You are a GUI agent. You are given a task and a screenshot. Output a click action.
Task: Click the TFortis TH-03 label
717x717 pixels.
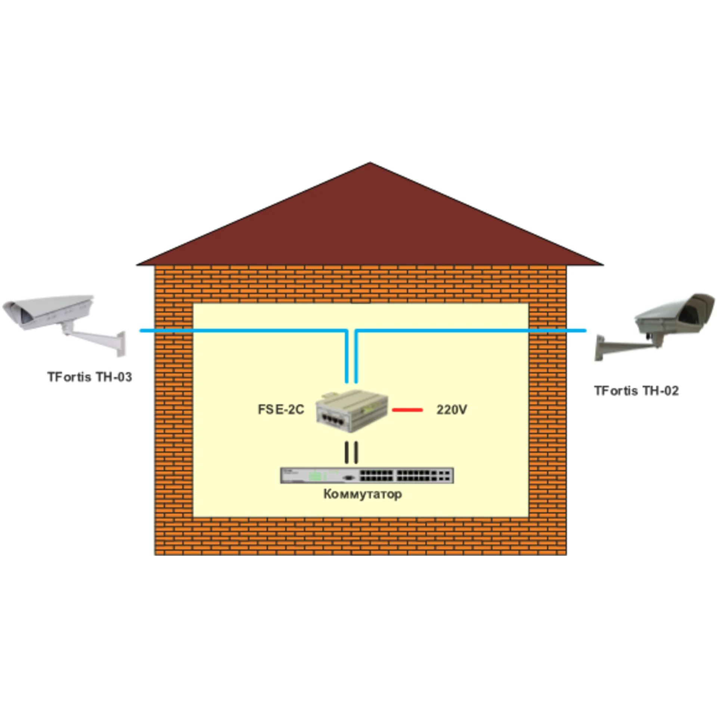pos(90,377)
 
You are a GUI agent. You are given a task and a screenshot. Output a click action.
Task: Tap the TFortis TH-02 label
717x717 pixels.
pos(636,391)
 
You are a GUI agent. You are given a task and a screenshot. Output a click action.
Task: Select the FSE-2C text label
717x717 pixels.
pos(281,409)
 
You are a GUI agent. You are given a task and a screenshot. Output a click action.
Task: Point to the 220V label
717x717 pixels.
pos(451,410)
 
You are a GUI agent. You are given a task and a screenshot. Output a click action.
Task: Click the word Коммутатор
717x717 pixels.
pos(363,494)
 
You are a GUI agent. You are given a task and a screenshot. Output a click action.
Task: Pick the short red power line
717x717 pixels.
pos(407,410)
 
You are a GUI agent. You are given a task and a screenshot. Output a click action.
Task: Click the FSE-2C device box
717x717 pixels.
pos(352,410)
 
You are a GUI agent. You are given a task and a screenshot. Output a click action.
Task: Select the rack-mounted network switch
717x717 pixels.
pos(367,475)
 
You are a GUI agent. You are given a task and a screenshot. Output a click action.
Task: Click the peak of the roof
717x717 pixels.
pos(370,162)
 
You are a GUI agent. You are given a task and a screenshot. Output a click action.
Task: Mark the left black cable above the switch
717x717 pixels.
pos(347,453)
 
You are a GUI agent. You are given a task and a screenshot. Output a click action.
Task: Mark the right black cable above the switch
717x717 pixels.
pos(356,453)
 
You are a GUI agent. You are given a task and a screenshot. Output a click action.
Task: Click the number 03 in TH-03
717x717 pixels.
pos(123,377)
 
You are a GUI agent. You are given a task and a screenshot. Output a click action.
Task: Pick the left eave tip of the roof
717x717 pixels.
pos(136,265)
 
